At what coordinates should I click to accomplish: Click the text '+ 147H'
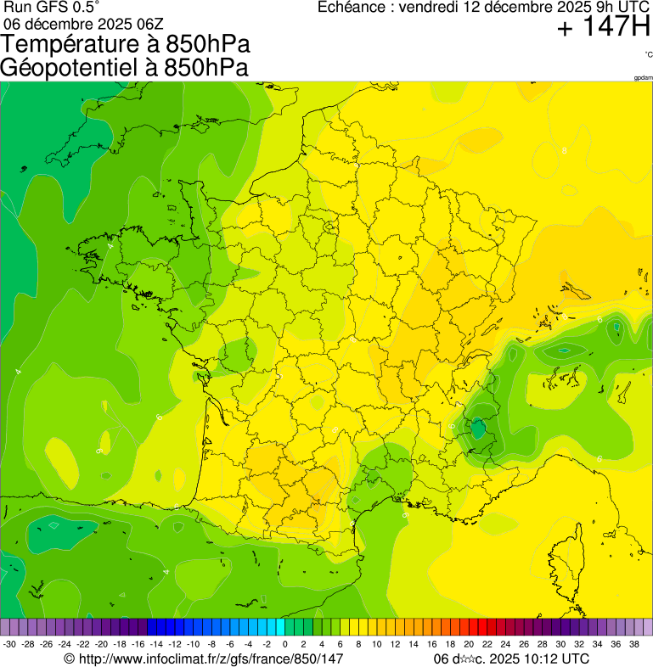click(x=603, y=28)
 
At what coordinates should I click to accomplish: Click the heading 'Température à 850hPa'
click(x=127, y=45)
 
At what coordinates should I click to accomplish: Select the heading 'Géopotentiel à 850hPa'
click(x=124, y=68)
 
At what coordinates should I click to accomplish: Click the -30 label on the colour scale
click(x=10, y=644)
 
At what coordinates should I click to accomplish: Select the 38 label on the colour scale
click(x=633, y=644)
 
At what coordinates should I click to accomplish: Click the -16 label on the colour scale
click(x=138, y=644)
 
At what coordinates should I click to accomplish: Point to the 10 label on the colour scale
click(x=376, y=644)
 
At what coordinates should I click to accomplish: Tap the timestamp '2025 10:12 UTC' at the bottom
click(x=538, y=659)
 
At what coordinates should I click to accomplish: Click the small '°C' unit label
click(x=648, y=54)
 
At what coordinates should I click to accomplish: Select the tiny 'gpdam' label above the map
click(x=643, y=78)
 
